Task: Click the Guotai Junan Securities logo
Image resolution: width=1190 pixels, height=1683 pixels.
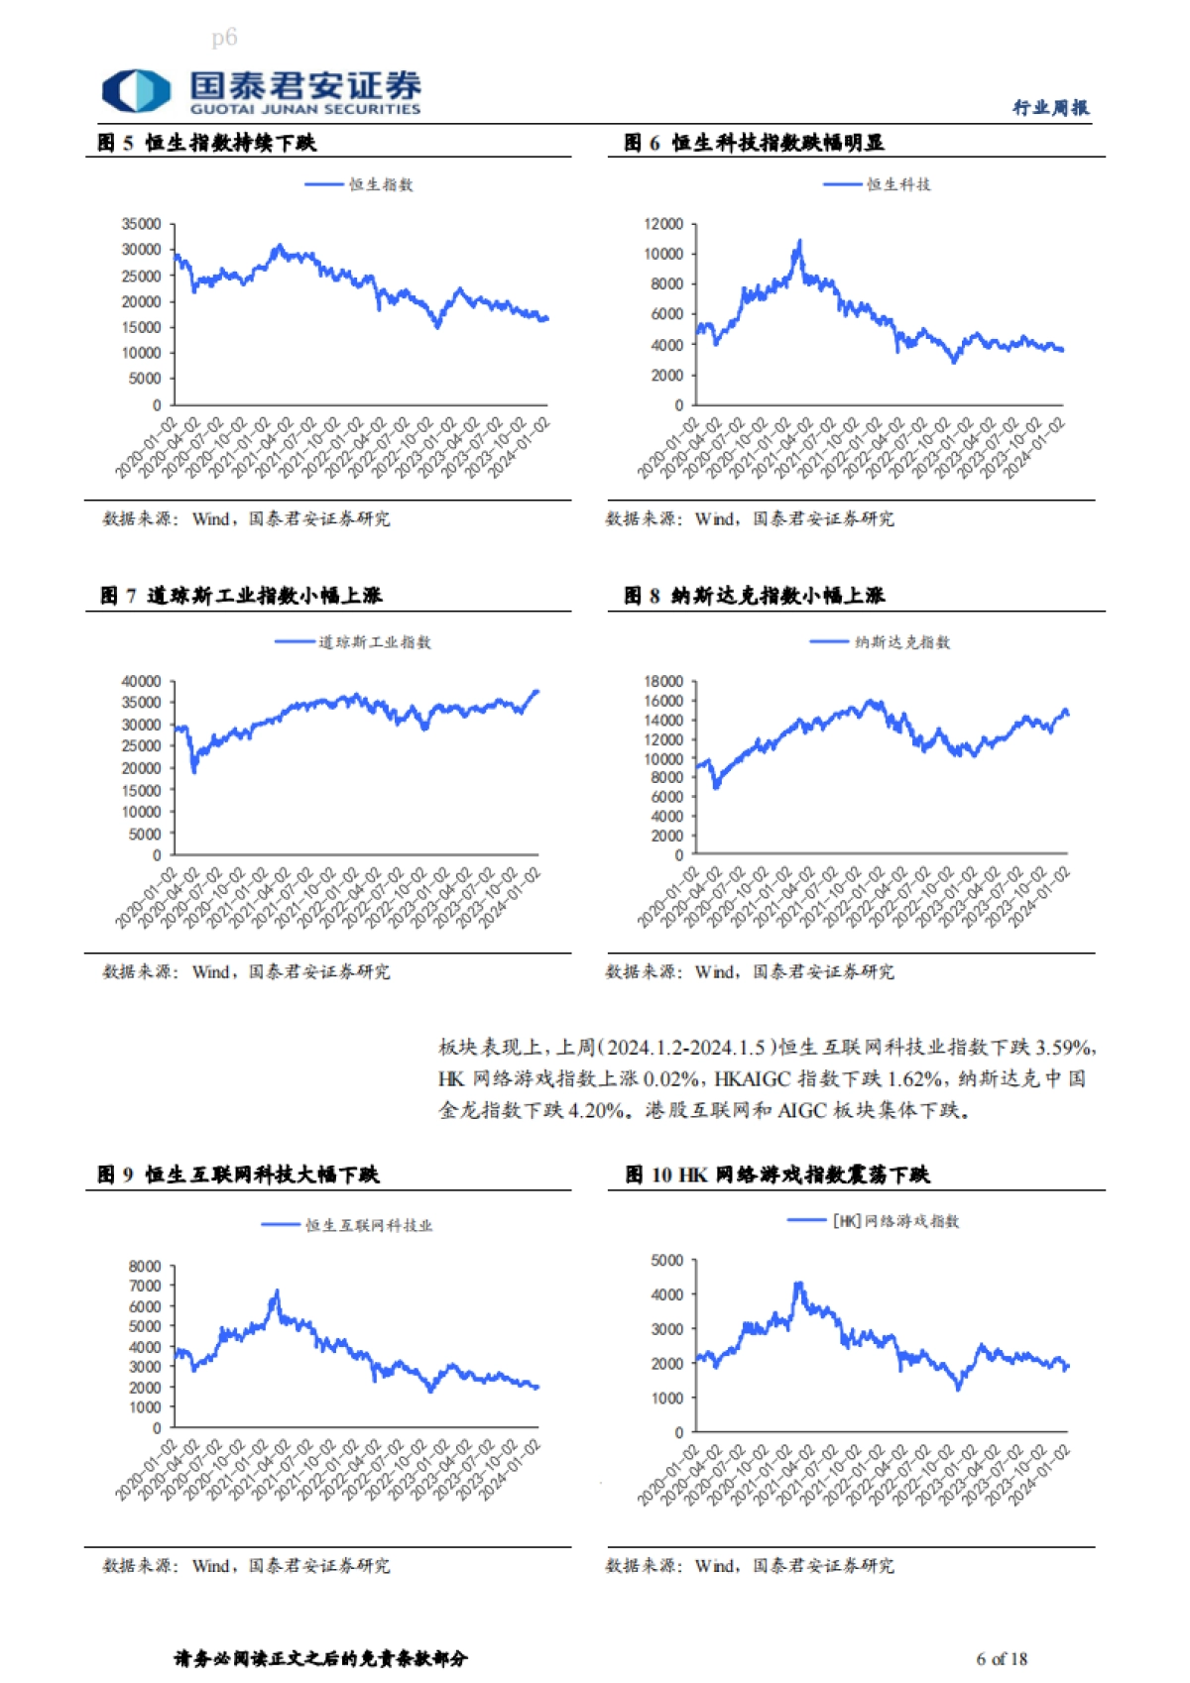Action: (261, 91)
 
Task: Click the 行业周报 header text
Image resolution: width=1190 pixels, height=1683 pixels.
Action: (1050, 107)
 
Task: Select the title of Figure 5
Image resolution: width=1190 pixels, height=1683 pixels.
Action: (207, 143)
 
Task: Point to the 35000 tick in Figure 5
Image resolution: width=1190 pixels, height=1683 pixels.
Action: (141, 224)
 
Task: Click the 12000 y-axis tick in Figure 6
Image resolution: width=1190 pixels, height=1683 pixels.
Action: (663, 224)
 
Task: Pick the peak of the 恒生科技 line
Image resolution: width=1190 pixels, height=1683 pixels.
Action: (799, 241)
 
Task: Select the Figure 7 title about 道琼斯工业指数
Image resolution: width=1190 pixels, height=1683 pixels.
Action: (241, 596)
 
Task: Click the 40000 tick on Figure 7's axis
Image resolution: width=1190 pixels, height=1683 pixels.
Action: (141, 681)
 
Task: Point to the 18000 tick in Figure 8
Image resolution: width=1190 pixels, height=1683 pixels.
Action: (663, 681)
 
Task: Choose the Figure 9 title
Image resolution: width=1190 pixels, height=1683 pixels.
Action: (238, 1175)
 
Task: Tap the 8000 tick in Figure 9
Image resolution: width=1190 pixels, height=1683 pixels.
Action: (145, 1266)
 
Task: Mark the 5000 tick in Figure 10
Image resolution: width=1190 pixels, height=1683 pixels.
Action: (666, 1260)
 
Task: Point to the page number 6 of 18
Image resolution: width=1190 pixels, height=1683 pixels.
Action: (1002, 1658)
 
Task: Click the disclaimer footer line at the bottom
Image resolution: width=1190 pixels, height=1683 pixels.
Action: (320, 1658)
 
